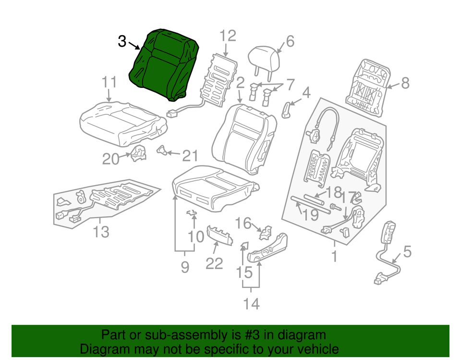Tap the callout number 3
pyautogui.click(x=122, y=41)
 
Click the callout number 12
pyautogui.click(x=228, y=36)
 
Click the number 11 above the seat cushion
pyautogui.click(x=109, y=83)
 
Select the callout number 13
pyautogui.click(x=101, y=232)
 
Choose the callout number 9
pyautogui.click(x=185, y=267)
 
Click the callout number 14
pyautogui.click(x=251, y=304)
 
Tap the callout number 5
pyautogui.click(x=407, y=251)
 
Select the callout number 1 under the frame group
pyautogui.click(x=334, y=256)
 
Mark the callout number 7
pyautogui.click(x=291, y=85)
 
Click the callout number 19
pyautogui.click(x=311, y=214)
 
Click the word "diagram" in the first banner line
pyautogui.click(x=302, y=335)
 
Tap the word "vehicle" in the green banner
pyautogui.click(x=315, y=349)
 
